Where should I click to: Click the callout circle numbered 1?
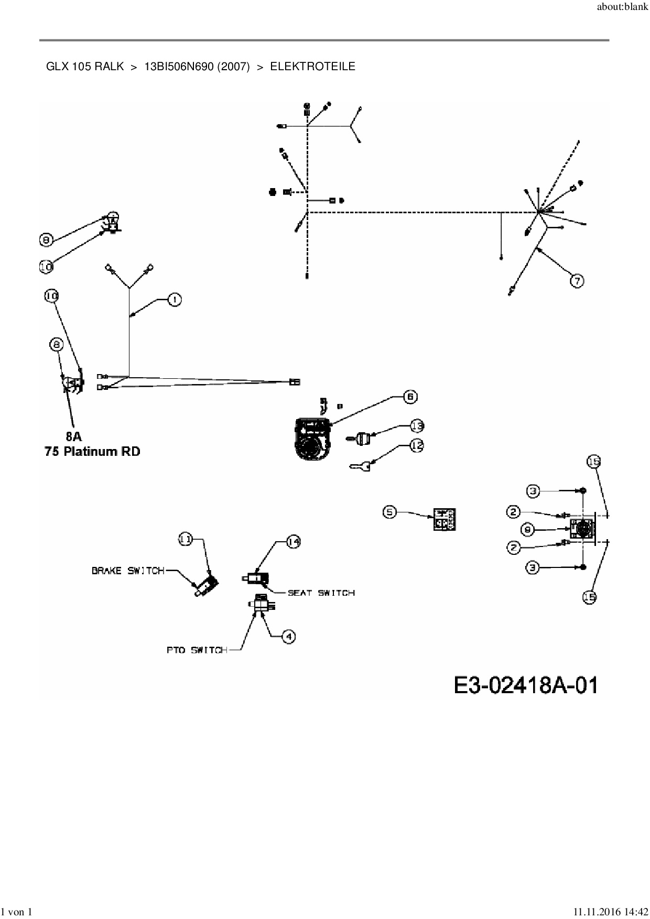tap(174, 300)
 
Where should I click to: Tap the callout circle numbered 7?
tap(577, 281)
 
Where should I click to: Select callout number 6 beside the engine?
tap(410, 397)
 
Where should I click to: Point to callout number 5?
tap(389, 511)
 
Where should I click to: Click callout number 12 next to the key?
tap(416, 445)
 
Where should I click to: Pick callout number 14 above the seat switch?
tap(293, 543)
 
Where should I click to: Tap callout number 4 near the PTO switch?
tap(288, 637)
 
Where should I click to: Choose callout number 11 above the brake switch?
tap(186, 539)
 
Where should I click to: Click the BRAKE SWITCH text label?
tap(128, 571)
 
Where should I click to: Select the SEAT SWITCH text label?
tap(321, 593)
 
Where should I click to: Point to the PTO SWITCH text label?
tap(197, 650)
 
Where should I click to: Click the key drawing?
tap(360, 465)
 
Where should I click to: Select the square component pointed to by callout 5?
tap(444, 519)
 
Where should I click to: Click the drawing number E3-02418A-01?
tap(525, 685)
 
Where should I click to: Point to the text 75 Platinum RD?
tap(92, 451)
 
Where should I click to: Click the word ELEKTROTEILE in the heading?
tap(312, 67)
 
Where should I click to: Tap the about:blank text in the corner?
tap(622, 7)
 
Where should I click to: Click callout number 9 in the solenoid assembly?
tap(528, 529)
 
